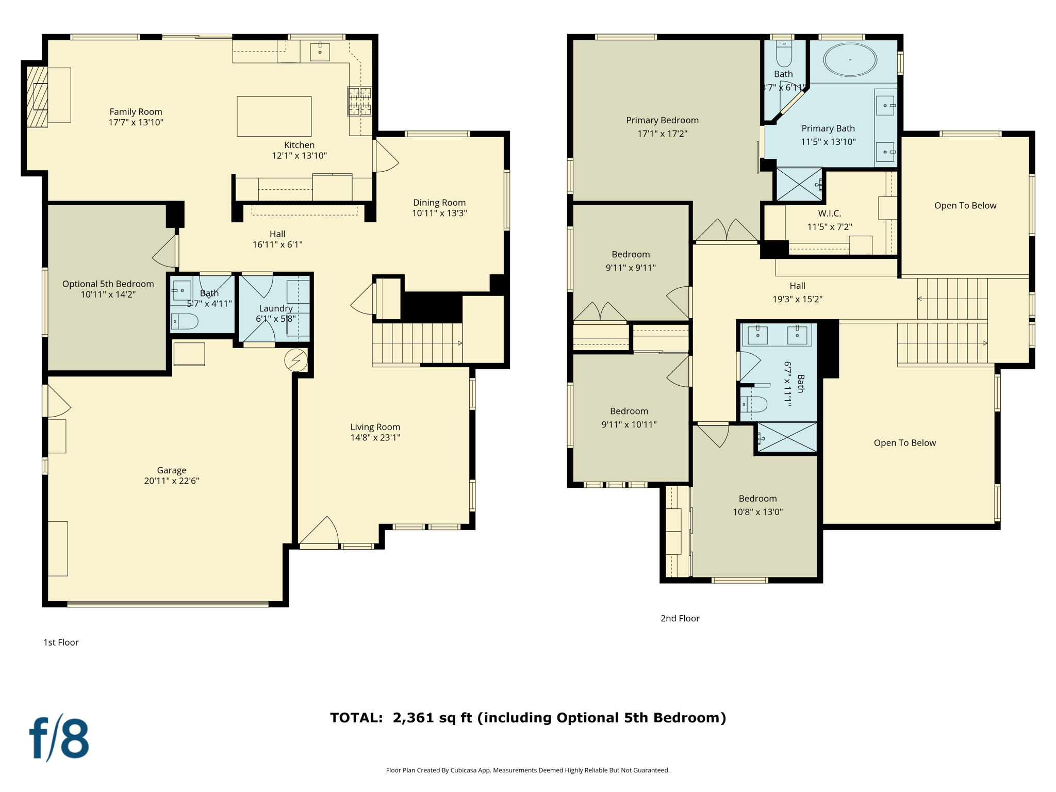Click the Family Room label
tap(136, 112)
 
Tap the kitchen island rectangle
tap(274, 117)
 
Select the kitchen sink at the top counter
tap(320, 52)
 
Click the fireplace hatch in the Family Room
tap(37, 96)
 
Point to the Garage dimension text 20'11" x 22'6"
tap(171, 481)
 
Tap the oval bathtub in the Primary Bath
tap(850, 60)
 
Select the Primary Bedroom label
tap(662, 120)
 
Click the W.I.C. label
tap(829, 213)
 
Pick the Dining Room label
tap(439, 203)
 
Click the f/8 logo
tap(59, 738)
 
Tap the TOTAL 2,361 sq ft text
tap(527, 718)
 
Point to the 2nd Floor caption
tap(680, 618)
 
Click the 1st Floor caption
tap(61, 642)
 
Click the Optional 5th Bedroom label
tap(108, 284)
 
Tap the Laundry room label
tap(275, 308)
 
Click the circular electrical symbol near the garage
tap(296, 360)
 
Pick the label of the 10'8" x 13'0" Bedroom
tap(757, 499)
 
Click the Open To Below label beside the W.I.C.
tap(965, 206)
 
